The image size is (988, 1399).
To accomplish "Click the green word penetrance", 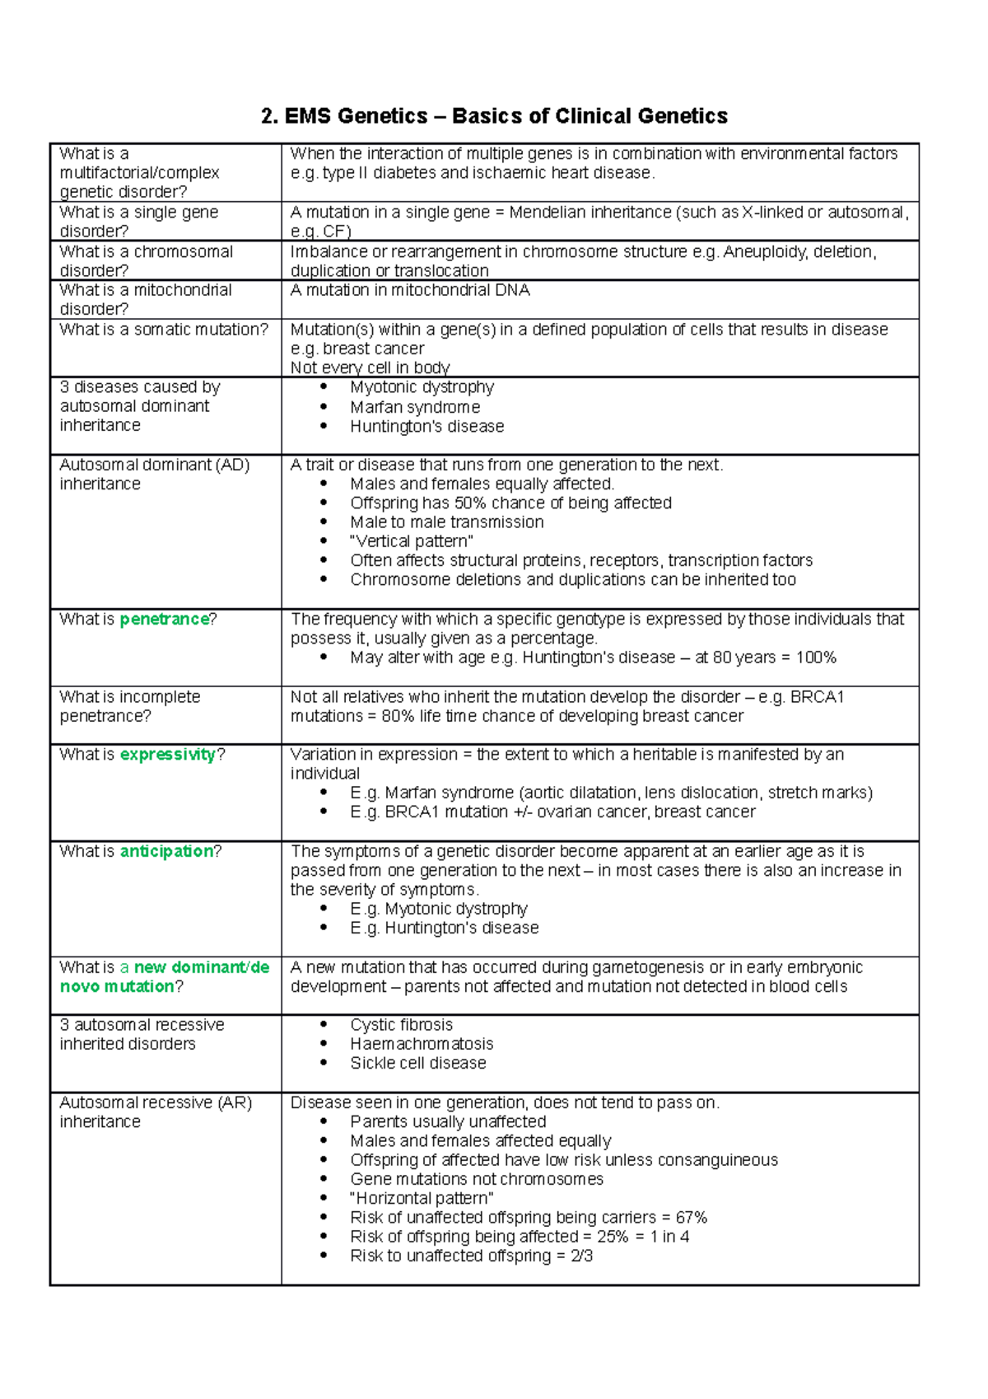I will point(164,620).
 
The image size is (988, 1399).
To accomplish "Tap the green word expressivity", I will point(168,755).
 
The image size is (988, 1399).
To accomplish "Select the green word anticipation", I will point(166,852).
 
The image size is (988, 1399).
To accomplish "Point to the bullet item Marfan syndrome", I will point(414,408).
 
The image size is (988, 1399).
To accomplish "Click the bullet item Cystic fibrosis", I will point(401,1025).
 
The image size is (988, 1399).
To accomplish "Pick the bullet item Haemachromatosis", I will point(422,1044).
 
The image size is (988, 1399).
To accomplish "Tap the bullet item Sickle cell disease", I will point(417,1064).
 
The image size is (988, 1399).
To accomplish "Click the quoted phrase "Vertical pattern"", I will point(411,542).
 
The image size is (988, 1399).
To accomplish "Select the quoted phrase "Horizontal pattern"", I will point(422,1199).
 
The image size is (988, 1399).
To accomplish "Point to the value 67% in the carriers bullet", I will point(691,1218).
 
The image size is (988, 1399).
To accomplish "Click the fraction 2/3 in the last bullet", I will point(581,1256).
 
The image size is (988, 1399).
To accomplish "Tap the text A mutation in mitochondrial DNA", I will point(410,291).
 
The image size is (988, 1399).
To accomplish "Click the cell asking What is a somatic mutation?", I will point(164,330).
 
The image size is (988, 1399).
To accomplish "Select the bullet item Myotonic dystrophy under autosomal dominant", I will point(422,387).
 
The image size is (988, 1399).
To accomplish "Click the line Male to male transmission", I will point(446,522).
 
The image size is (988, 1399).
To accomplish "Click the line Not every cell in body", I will point(370,368).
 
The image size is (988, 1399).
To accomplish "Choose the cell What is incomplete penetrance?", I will point(129,707).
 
